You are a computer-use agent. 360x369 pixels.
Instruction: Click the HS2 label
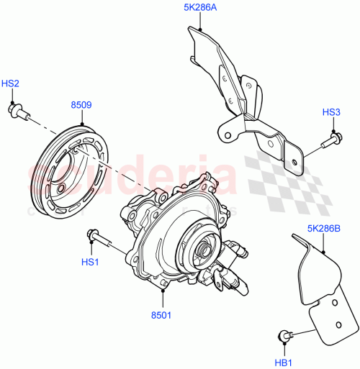click(10, 84)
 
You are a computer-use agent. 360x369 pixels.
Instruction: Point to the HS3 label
click(331, 112)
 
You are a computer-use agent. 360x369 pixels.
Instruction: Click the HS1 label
click(89, 263)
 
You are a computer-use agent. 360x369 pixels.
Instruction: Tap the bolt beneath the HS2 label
click(17, 110)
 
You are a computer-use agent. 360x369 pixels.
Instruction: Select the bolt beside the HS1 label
click(99, 234)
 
